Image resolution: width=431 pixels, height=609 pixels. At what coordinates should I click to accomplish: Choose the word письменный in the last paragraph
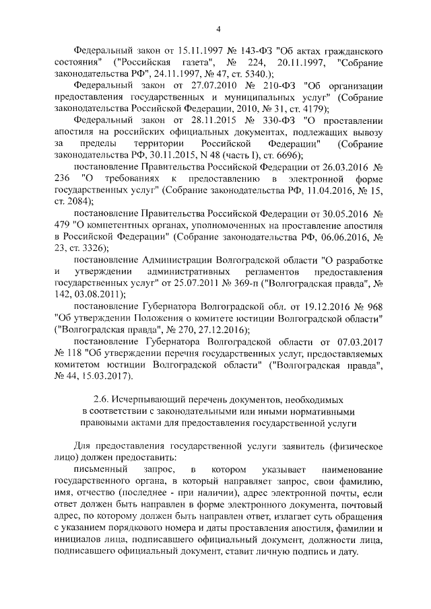(x=101, y=468)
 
